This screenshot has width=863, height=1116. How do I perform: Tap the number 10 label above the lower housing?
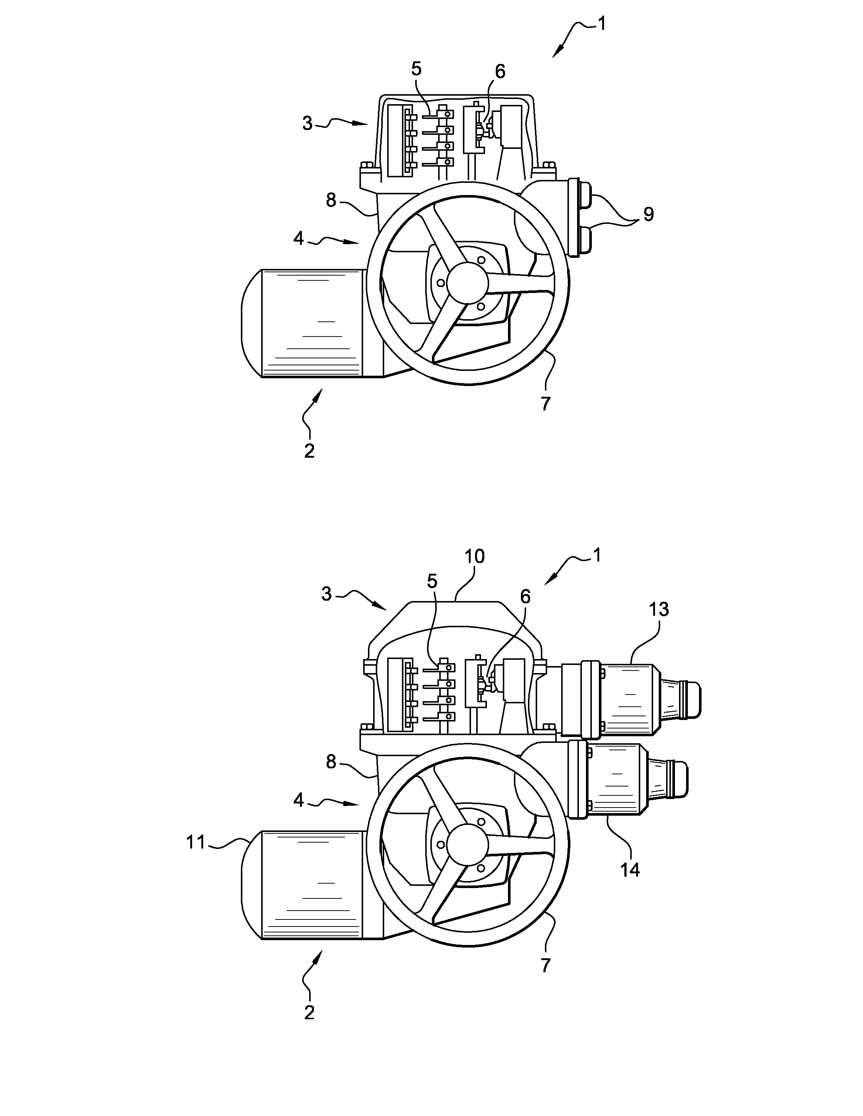click(x=474, y=556)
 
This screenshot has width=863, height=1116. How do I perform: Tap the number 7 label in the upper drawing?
click(x=546, y=404)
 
